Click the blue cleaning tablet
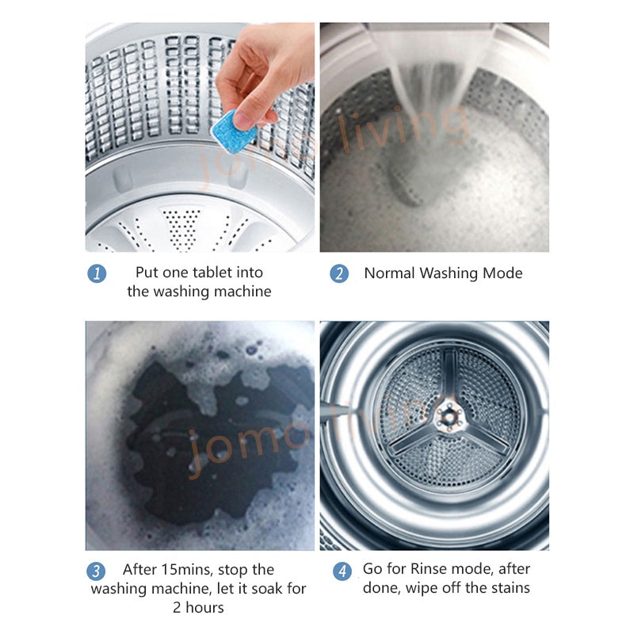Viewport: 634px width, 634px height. pyautogui.click(x=234, y=131)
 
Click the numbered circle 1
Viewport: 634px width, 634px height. pyautogui.click(x=97, y=273)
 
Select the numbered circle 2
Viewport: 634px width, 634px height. pyautogui.click(x=339, y=273)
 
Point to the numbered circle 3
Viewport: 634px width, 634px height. pyautogui.click(x=96, y=571)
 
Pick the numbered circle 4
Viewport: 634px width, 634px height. pyautogui.click(x=342, y=571)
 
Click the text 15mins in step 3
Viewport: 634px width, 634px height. pyautogui.click(x=186, y=570)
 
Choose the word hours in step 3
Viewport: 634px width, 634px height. pyautogui.click(x=204, y=608)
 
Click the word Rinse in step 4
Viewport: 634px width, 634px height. pyautogui.click(x=429, y=569)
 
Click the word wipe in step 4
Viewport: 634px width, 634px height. pyautogui.click(x=422, y=588)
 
